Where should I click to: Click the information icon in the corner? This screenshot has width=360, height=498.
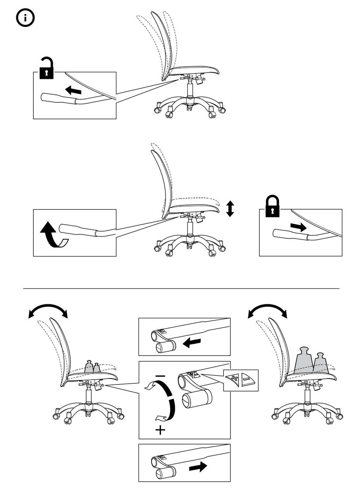25,18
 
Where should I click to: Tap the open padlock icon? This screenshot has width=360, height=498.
46,69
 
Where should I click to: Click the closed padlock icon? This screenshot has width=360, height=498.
273,206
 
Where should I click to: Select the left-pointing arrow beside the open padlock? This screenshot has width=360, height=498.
73,90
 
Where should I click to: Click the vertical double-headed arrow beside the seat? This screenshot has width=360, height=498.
230,209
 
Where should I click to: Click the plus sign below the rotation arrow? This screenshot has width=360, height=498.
160,430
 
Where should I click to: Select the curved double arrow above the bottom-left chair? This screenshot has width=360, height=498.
48,311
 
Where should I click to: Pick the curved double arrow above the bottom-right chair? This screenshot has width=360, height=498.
267,311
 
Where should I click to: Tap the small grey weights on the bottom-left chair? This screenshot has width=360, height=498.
92,367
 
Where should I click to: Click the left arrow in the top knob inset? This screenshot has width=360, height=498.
192,342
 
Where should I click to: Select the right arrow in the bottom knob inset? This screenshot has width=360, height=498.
198,467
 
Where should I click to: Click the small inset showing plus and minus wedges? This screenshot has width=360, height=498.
241,380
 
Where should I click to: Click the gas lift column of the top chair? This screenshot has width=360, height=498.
190,90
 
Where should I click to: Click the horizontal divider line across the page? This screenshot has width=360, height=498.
181,289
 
